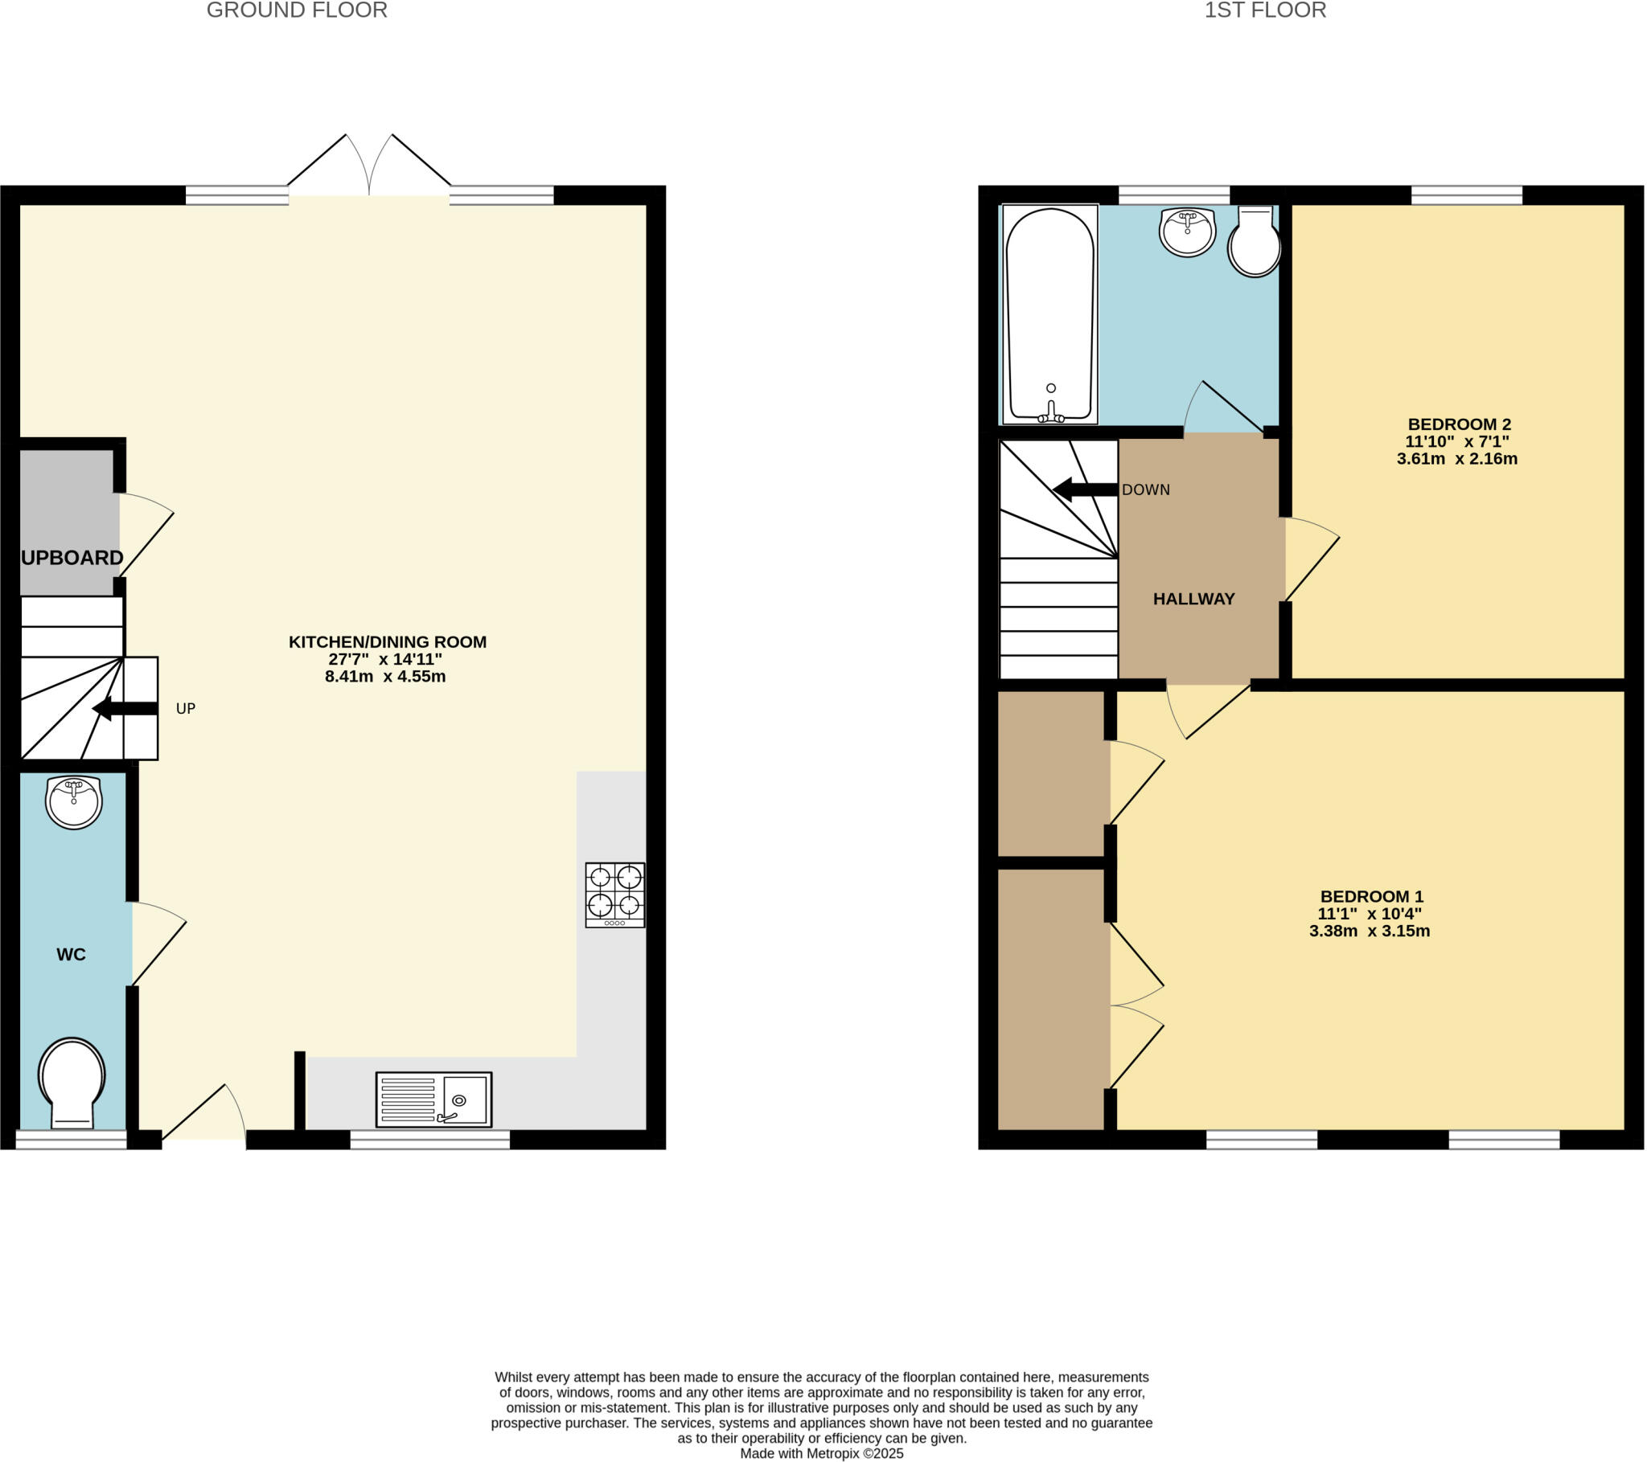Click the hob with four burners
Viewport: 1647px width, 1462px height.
[614, 895]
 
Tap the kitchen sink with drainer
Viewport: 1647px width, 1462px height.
[433, 1100]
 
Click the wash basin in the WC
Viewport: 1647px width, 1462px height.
[73, 801]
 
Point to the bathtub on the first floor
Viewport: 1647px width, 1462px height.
[1050, 314]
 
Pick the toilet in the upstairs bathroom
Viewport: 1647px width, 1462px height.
[1255, 242]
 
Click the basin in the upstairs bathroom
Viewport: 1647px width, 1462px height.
[1187, 231]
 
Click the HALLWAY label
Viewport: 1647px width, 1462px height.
[1193, 599]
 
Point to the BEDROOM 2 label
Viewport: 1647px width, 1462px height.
[1459, 424]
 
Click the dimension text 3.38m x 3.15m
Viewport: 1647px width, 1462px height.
[1369, 932]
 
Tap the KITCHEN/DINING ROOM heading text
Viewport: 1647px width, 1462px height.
[388, 642]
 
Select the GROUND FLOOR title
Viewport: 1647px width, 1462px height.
[297, 10]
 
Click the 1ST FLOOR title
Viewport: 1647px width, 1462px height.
[1264, 10]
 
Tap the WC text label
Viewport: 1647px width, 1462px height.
[71, 955]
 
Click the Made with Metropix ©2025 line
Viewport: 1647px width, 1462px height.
[821, 1453]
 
